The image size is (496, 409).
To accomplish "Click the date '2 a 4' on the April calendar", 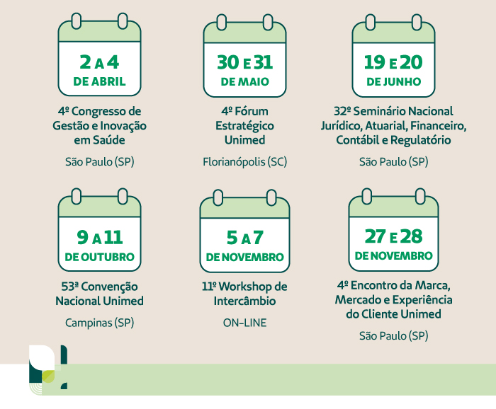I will (99, 62).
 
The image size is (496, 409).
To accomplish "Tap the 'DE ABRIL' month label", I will (99, 81).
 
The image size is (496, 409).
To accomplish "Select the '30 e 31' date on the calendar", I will (244, 62).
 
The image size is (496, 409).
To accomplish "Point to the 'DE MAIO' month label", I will (244, 81).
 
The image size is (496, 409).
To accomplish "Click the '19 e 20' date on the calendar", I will (393, 62).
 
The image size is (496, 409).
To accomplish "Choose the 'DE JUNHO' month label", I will (393, 81).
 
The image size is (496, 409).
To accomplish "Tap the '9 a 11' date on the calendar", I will (99, 236).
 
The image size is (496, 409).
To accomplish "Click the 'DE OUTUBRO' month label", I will (99, 256).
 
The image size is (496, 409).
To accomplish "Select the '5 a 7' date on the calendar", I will (244, 236).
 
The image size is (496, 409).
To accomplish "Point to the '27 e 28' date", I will (393, 236).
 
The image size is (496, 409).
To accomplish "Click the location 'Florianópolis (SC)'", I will (244, 161).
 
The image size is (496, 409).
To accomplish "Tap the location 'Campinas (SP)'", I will (99, 323).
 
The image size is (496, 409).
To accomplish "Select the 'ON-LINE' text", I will (244, 323).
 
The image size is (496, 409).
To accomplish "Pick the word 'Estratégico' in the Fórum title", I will (244, 125).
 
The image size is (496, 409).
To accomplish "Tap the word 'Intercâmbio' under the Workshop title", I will (244, 301).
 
